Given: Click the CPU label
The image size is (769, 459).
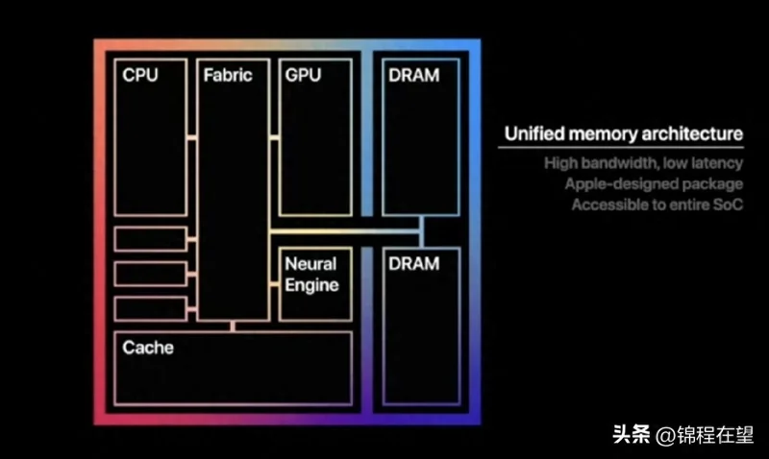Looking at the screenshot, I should tap(140, 75).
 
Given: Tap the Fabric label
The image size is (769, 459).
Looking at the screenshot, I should tap(228, 75).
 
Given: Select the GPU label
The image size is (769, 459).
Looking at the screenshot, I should tap(303, 75).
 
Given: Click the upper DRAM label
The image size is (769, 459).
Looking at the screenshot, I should tap(413, 75).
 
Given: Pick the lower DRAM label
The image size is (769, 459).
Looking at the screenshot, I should tap(413, 263).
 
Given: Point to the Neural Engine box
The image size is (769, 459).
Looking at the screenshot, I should tap(314, 284).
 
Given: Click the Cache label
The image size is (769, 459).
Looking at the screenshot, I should tap(148, 348).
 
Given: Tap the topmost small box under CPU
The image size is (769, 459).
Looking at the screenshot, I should tap(150, 238).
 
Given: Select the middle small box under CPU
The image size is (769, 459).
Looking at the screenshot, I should tap(150, 274).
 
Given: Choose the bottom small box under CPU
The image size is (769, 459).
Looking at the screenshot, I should tap(150, 308).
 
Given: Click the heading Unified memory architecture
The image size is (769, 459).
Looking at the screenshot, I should tap(623, 133).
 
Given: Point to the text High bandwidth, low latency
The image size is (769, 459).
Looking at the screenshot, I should tap(643, 163).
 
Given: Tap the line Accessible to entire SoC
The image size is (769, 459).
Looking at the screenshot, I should tap(657, 205).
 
